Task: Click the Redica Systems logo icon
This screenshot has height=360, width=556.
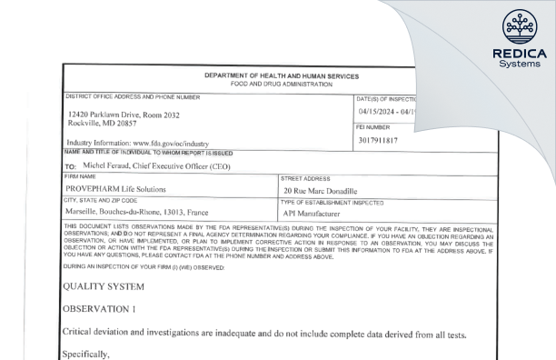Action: (x=519, y=27)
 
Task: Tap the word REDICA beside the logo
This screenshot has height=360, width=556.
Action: (x=519, y=54)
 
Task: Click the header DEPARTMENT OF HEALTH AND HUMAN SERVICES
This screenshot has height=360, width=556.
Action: (x=283, y=75)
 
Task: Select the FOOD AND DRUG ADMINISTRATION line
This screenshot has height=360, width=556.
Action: (x=283, y=84)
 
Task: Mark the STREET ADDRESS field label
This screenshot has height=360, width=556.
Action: (x=304, y=179)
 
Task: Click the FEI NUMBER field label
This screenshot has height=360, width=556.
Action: (x=375, y=128)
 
